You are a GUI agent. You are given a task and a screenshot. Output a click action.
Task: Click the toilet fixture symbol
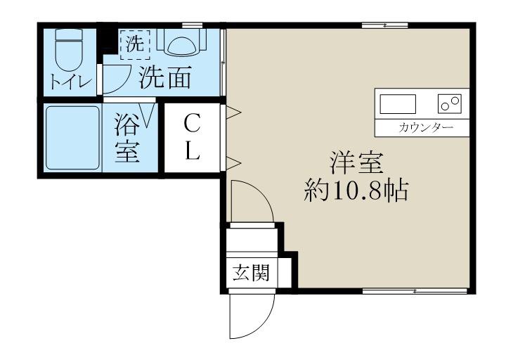coord(69,50)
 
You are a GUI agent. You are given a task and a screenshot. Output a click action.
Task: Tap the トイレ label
coord(71,82)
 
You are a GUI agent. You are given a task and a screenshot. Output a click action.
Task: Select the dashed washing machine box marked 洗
coord(135,45)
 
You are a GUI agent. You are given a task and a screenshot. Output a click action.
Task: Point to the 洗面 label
coord(165,78)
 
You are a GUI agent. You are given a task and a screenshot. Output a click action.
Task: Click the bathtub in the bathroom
coord(72,138)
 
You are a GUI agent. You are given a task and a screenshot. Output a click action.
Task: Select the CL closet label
coord(193,137)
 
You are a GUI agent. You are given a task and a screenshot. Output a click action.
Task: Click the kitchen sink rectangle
coord(398,104)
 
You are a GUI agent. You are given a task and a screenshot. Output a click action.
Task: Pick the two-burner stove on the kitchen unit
coord(450,104)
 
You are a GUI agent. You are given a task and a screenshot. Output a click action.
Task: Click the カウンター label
coord(426,128)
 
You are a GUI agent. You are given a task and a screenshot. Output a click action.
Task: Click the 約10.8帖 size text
coord(356,191)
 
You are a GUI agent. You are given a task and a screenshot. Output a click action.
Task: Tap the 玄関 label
coord(251,273)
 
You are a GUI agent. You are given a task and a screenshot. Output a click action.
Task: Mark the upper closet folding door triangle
coord(233,112)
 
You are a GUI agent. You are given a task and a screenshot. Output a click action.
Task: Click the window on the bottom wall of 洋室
coord(415,291)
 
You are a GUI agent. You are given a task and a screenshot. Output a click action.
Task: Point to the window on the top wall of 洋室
coord(384,25)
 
